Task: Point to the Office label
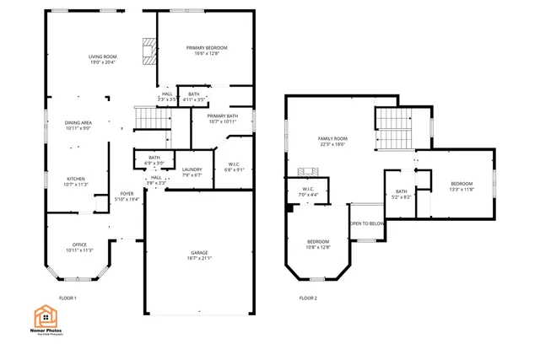pyautogui.click(x=79, y=247)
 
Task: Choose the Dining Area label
pyautogui.click(x=78, y=125)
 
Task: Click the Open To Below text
pyautogui.click(x=367, y=223)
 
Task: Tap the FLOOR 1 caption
pyautogui.click(x=67, y=298)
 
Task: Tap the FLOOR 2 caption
pyautogui.click(x=308, y=298)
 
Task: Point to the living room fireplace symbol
pyautogui.click(x=149, y=51)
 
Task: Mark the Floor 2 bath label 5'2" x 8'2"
pyautogui.click(x=402, y=194)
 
